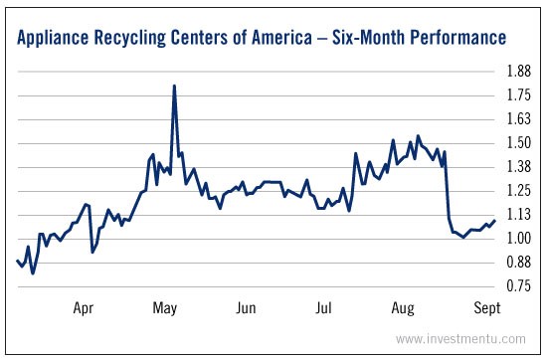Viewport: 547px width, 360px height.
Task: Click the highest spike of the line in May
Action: tap(174, 87)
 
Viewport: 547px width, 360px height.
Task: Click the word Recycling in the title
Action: tap(144, 39)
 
